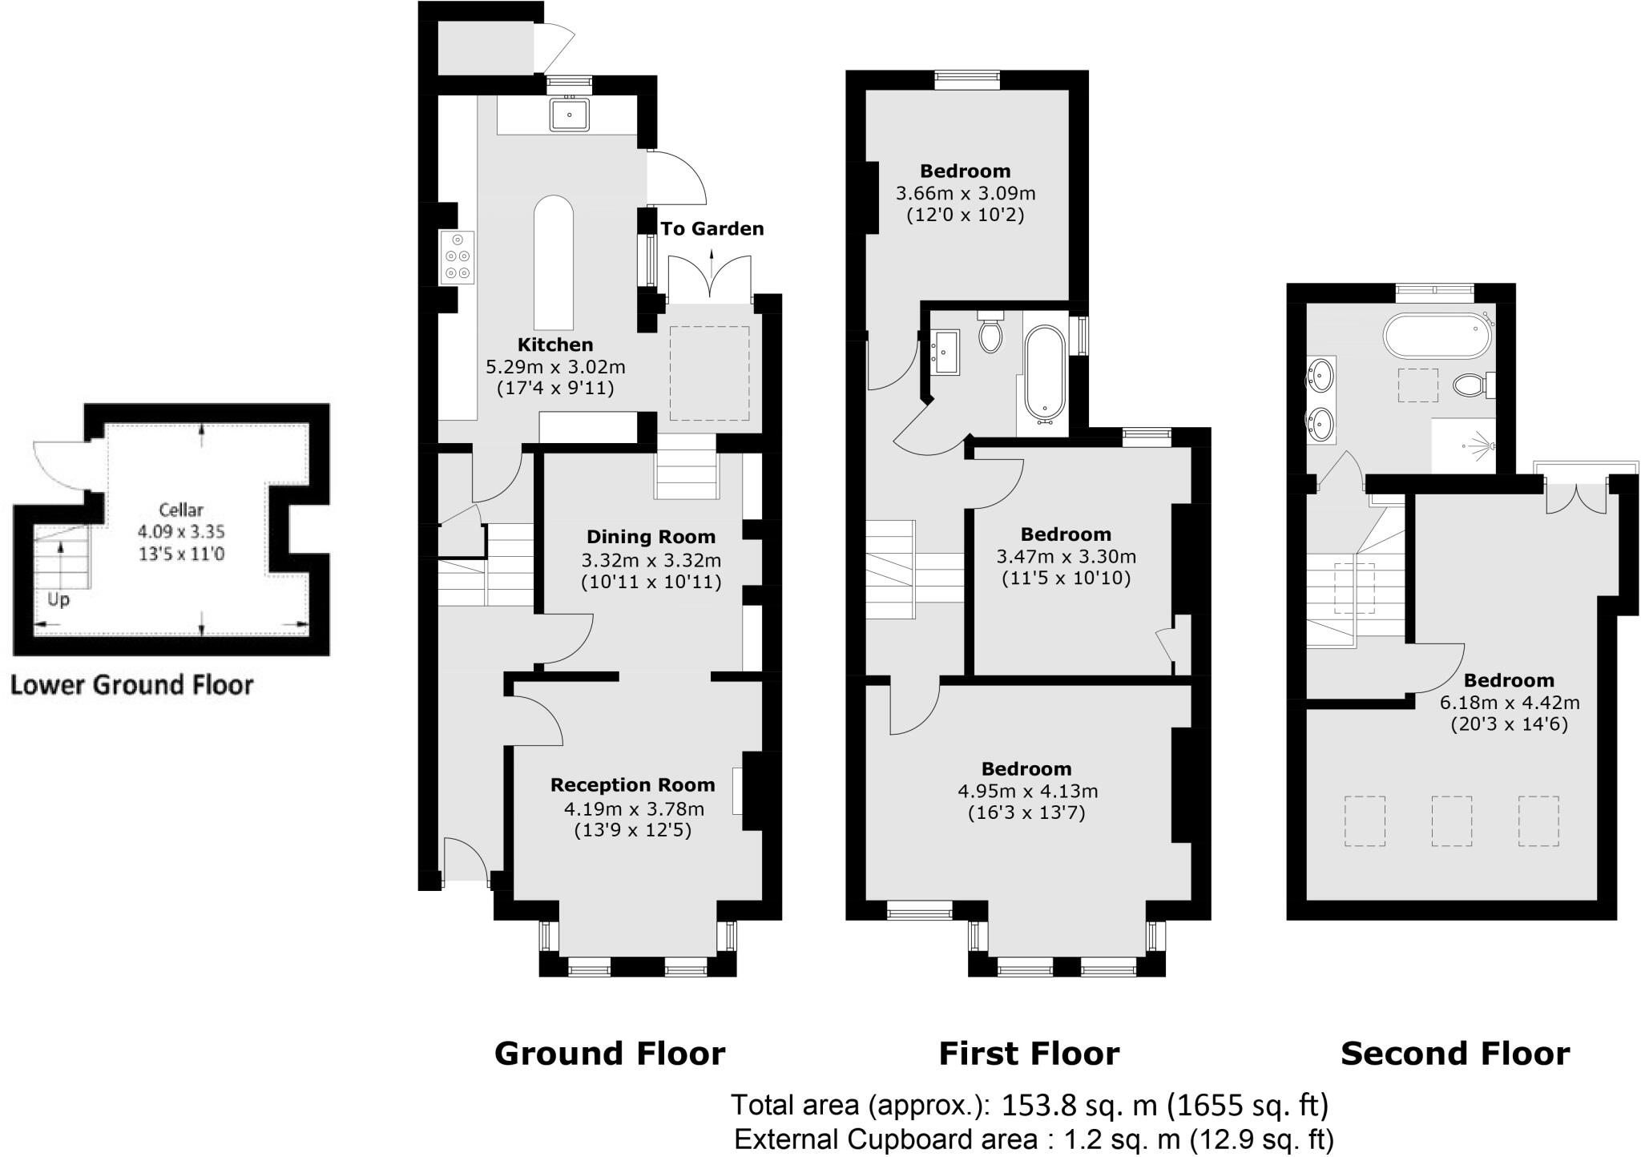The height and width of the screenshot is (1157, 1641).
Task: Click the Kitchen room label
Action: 555,345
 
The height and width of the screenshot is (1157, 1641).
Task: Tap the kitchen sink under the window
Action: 570,115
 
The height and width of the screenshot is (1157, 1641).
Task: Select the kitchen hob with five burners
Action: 457,256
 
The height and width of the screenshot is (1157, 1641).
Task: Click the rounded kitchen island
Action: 554,262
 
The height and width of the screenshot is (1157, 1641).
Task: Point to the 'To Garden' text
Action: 712,229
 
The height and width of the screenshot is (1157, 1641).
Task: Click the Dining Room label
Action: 651,537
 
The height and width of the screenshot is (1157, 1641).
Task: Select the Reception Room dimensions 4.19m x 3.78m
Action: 633,808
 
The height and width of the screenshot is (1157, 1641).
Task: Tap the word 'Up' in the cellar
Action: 58,599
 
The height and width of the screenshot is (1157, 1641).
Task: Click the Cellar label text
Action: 181,509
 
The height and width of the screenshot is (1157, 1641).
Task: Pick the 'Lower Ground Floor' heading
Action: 132,685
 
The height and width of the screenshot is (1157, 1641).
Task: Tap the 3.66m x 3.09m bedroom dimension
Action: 966,193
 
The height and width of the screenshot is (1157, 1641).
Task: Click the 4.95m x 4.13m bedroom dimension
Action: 1027,791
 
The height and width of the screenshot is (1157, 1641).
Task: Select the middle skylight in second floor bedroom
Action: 1451,820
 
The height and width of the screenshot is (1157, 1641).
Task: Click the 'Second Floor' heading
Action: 1455,1053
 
